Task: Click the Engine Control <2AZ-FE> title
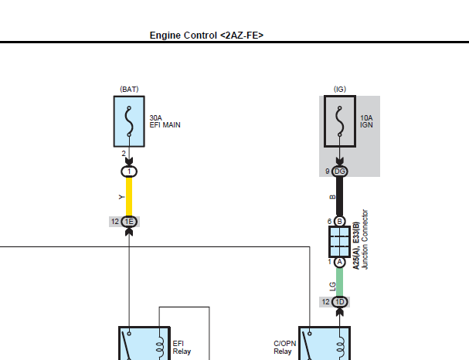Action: coord(206,36)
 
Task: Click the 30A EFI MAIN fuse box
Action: coord(129,121)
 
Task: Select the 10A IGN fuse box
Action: coord(340,121)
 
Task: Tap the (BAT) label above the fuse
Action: coord(129,89)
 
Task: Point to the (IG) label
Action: coord(340,89)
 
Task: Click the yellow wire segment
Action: coord(129,196)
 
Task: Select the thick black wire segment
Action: coord(339,196)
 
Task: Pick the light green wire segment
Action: coord(339,282)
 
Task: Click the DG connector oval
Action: coord(340,172)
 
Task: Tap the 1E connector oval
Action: coord(129,222)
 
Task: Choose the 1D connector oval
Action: coord(340,302)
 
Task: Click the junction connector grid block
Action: coord(339,242)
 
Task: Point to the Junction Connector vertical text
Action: coord(365,239)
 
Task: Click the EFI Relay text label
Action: coord(182,348)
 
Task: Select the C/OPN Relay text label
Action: coord(285,348)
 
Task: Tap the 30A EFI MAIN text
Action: coord(165,121)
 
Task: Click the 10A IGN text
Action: coord(366,121)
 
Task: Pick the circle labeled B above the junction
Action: coord(339,221)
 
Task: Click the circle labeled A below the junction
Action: coord(339,262)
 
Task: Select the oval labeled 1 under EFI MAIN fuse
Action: coord(129,172)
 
